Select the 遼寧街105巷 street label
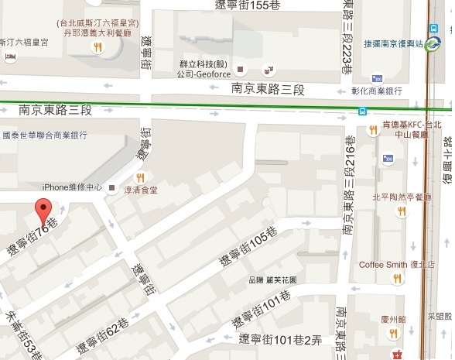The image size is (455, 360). coord(248,245)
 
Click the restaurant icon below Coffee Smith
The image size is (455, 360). coord(397,279)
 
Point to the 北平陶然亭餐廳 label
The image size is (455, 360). coord(400,197)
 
